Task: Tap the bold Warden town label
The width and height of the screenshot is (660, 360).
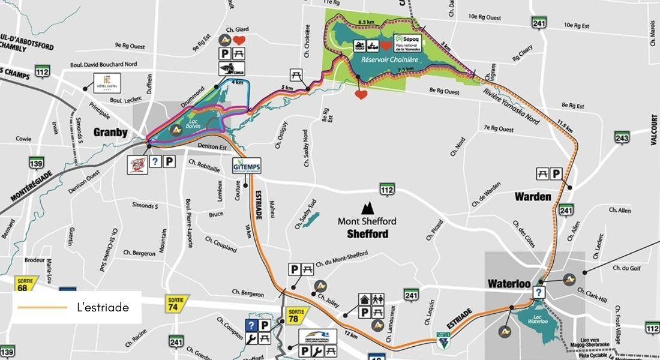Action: (x=532, y=196)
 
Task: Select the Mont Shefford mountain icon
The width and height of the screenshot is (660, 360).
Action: (x=367, y=208)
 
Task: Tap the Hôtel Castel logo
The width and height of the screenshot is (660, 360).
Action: (x=107, y=83)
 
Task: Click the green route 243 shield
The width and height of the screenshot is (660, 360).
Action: (x=622, y=137)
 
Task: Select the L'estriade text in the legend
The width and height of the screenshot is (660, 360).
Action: (x=103, y=307)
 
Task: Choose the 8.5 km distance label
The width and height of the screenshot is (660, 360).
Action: (x=366, y=23)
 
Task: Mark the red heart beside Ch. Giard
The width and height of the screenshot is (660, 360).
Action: (x=239, y=40)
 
